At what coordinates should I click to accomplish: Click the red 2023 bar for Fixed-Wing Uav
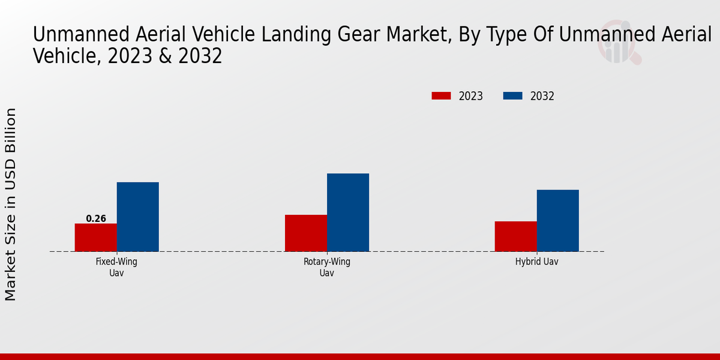(x=95, y=238)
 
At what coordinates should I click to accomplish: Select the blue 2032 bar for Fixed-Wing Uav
(x=137, y=217)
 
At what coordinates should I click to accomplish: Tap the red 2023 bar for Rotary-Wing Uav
(x=306, y=233)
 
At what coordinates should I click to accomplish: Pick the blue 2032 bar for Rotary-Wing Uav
(x=348, y=212)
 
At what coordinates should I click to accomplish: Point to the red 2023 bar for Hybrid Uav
(x=516, y=236)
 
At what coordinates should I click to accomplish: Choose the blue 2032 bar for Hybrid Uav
(x=558, y=221)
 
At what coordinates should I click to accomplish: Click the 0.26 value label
(x=96, y=219)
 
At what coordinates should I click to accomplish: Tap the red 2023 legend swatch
(x=441, y=96)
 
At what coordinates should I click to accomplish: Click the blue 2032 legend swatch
(x=512, y=96)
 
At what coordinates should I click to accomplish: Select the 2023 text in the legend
(x=471, y=96)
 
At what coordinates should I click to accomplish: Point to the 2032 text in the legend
(x=542, y=96)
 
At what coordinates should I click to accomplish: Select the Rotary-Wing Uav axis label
(x=326, y=267)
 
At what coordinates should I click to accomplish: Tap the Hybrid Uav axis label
(x=536, y=262)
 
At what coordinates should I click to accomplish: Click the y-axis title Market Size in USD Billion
(x=11, y=204)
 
